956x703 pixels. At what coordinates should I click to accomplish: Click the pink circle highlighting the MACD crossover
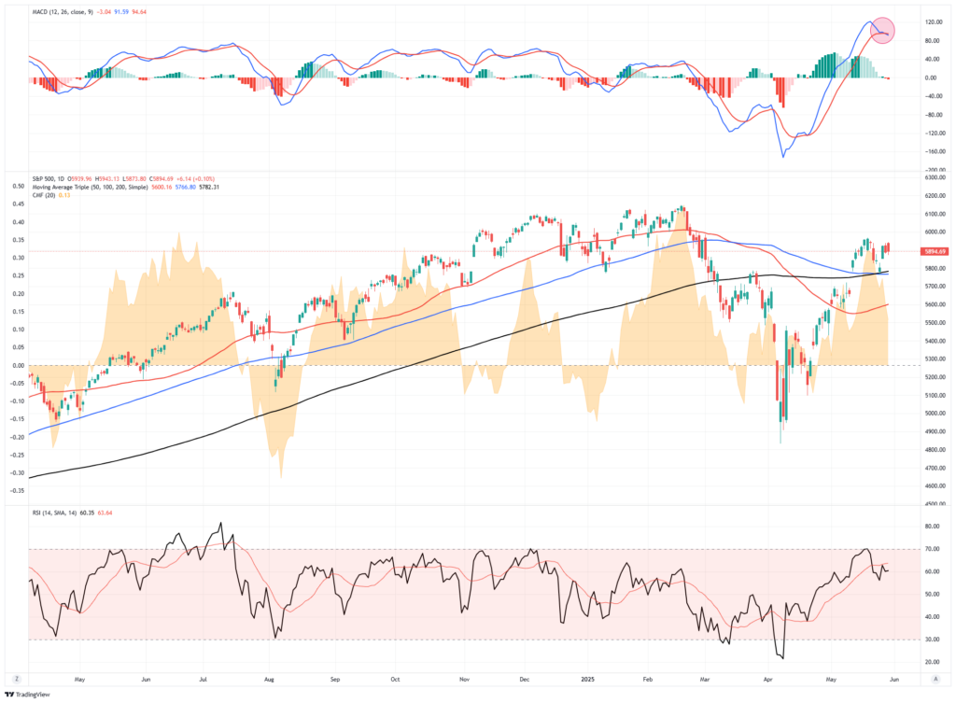[883, 32]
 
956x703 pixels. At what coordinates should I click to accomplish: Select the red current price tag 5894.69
[934, 251]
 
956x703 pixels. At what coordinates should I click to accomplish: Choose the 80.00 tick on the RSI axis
[930, 527]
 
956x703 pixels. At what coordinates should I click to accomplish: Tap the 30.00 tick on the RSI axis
[930, 640]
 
